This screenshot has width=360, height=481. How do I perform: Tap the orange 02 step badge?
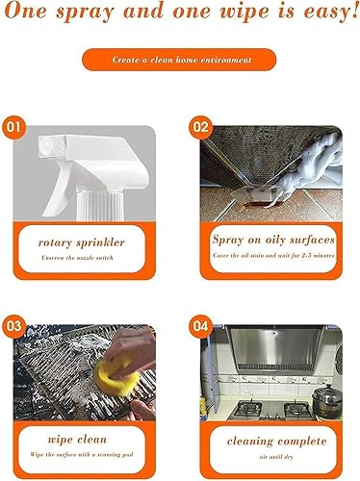199,126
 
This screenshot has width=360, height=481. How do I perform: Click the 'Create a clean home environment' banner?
179,60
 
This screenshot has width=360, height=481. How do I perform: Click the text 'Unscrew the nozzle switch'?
79,260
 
